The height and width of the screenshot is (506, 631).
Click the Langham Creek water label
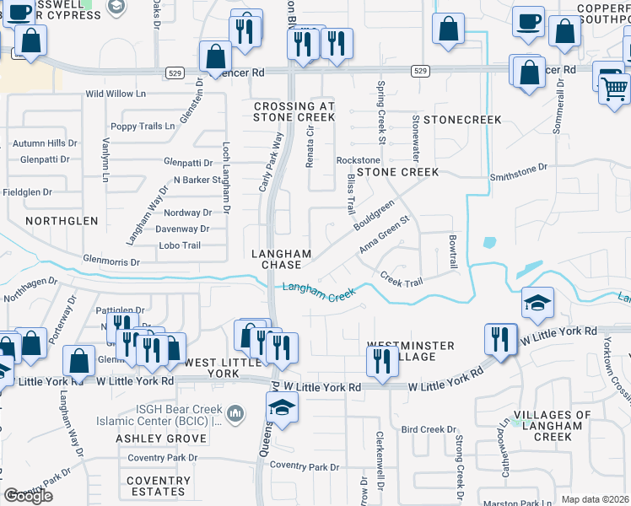(x=319, y=292)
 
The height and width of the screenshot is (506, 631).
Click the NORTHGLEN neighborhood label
(x=62, y=221)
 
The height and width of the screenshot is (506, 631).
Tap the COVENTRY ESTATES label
(x=156, y=486)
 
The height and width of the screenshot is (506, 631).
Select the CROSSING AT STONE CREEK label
(x=294, y=112)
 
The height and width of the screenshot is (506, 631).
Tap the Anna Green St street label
(x=384, y=234)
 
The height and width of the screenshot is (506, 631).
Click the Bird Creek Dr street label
(x=429, y=430)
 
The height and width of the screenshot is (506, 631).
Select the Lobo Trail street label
(x=180, y=245)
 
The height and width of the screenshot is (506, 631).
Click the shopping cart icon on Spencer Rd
(x=614, y=87)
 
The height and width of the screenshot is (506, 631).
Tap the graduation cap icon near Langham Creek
(x=537, y=304)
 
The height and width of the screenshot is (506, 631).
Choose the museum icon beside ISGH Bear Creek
(x=235, y=414)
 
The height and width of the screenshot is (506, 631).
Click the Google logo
(x=28, y=496)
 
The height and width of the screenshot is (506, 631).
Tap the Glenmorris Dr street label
(x=111, y=261)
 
